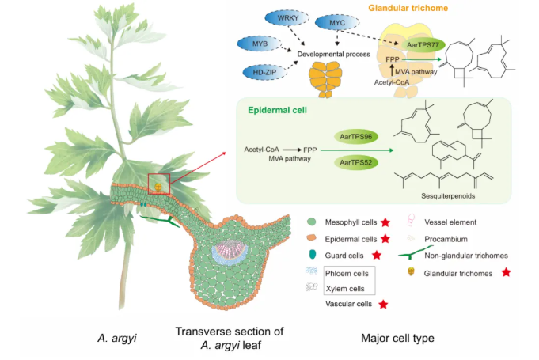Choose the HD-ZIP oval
click(258, 72)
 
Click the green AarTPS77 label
click(423, 46)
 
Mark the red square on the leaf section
click(159, 184)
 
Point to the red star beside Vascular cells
click(384, 304)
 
